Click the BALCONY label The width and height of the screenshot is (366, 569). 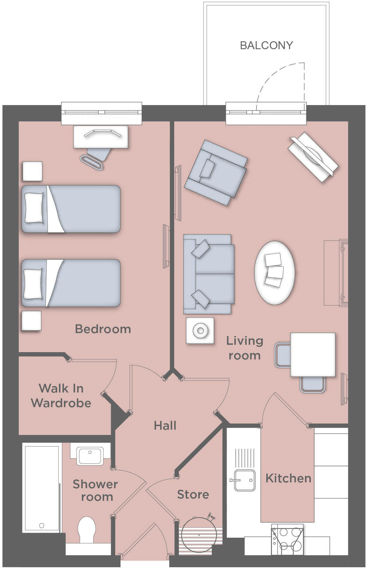(x=266, y=45)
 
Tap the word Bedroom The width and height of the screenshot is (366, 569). (x=103, y=329)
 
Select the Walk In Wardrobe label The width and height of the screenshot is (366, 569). (x=61, y=396)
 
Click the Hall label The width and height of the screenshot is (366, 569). (x=165, y=425)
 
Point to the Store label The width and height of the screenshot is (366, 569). (x=193, y=494)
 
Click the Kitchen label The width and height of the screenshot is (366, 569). (x=288, y=478)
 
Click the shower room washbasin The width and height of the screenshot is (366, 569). (x=90, y=456)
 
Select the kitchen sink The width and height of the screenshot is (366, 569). (x=244, y=480)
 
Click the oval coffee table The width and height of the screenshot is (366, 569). (x=274, y=272)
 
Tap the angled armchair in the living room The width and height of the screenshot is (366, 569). (x=216, y=173)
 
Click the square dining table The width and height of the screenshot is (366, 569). (x=313, y=354)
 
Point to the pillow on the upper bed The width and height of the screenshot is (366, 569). (x=34, y=208)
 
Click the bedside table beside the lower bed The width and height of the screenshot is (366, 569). (x=31, y=321)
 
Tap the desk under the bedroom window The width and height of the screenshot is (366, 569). (x=101, y=137)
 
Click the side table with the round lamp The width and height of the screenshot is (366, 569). (x=200, y=330)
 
